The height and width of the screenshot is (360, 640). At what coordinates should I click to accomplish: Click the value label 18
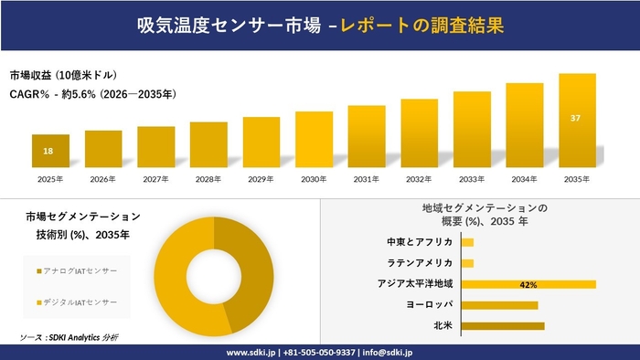(49, 151)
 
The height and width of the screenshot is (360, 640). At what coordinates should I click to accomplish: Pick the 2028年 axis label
(208, 179)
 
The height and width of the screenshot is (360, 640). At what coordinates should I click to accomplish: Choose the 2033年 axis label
(472, 179)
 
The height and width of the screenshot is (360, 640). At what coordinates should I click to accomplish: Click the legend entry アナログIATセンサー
(80, 271)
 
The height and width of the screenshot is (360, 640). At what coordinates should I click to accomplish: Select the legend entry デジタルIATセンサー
(80, 302)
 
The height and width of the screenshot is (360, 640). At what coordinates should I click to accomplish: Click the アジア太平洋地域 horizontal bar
(528, 284)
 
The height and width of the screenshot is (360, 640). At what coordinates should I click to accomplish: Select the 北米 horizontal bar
(503, 325)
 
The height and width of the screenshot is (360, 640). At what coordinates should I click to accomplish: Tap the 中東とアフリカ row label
(420, 242)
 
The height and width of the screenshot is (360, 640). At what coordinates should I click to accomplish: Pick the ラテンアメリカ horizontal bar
(467, 263)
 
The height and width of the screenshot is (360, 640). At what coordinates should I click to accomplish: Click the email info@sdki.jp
(388, 352)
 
